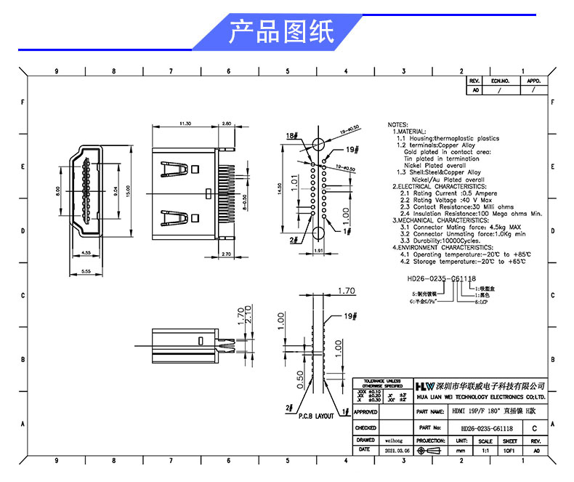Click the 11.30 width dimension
click(185, 124)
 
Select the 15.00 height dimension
click(128, 192)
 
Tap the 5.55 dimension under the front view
click(86, 270)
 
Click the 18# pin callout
click(292, 136)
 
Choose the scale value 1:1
click(485, 451)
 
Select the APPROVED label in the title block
click(365, 411)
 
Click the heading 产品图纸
click(281, 32)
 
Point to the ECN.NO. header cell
click(501, 81)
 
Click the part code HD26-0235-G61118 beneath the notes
click(441, 278)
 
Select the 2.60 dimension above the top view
click(226, 124)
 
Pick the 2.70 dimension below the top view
click(226, 254)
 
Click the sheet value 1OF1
click(509, 451)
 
